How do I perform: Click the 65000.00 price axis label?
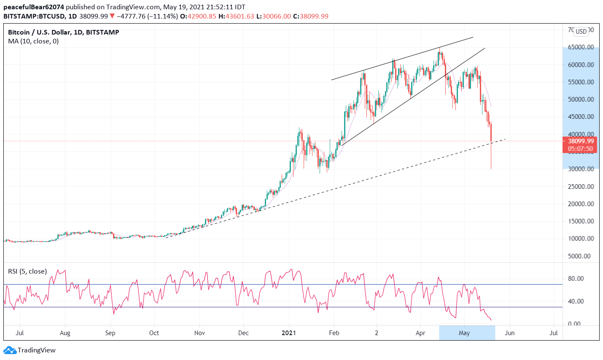(x=581, y=47)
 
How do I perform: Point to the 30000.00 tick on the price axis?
(x=581, y=169)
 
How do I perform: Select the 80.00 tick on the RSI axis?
(x=576, y=278)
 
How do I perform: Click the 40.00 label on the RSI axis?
(x=576, y=301)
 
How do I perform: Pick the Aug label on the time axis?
(x=65, y=333)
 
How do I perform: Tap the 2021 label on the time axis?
(x=289, y=333)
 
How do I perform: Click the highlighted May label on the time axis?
(x=464, y=333)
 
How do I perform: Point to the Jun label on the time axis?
(x=509, y=333)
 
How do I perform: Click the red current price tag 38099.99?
(x=581, y=142)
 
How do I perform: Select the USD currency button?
(x=581, y=31)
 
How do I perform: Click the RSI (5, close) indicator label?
(x=27, y=271)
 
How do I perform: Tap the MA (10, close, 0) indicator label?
(x=33, y=41)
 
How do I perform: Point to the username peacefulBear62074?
(x=34, y=7)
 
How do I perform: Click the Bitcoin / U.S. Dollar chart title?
(x=63, y=32)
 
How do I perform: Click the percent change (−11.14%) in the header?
(x=162, y=16)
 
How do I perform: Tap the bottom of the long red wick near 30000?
(x=491, y=169)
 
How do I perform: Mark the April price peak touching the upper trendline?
(x=439, y=48)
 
